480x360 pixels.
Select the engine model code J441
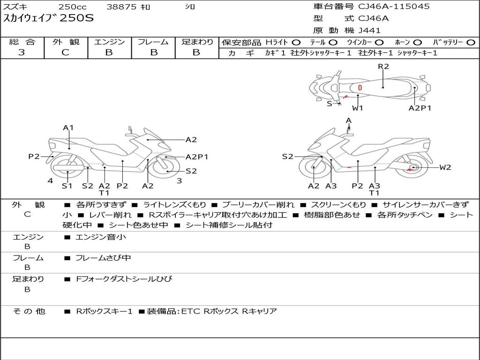[369, 30]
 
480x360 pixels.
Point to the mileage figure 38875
[122, 7]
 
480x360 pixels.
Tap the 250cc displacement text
[72, 7]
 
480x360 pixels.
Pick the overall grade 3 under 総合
[22, 52]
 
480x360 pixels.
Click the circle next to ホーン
[418, 42]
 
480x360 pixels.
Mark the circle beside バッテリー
[470, 42]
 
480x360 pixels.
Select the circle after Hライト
[296, 42]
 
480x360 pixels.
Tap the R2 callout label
[383, 67]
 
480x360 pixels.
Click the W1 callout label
[358, 108]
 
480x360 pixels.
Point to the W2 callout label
[445, 167]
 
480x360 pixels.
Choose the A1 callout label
[68, 127]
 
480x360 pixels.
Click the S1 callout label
[68, 186]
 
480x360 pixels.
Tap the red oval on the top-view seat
[360, 88]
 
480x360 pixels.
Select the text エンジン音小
[101, 237]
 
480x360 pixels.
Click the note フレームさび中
[103, 258]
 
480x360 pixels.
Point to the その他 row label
[29, 311]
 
